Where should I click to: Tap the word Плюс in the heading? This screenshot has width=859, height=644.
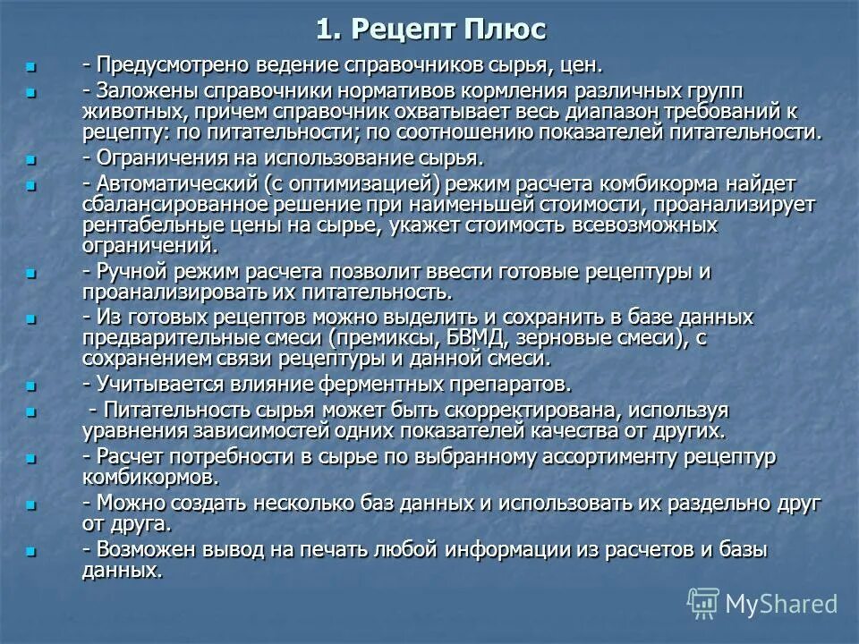(505, 29)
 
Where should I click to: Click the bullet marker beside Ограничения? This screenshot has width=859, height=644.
(33, 160)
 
